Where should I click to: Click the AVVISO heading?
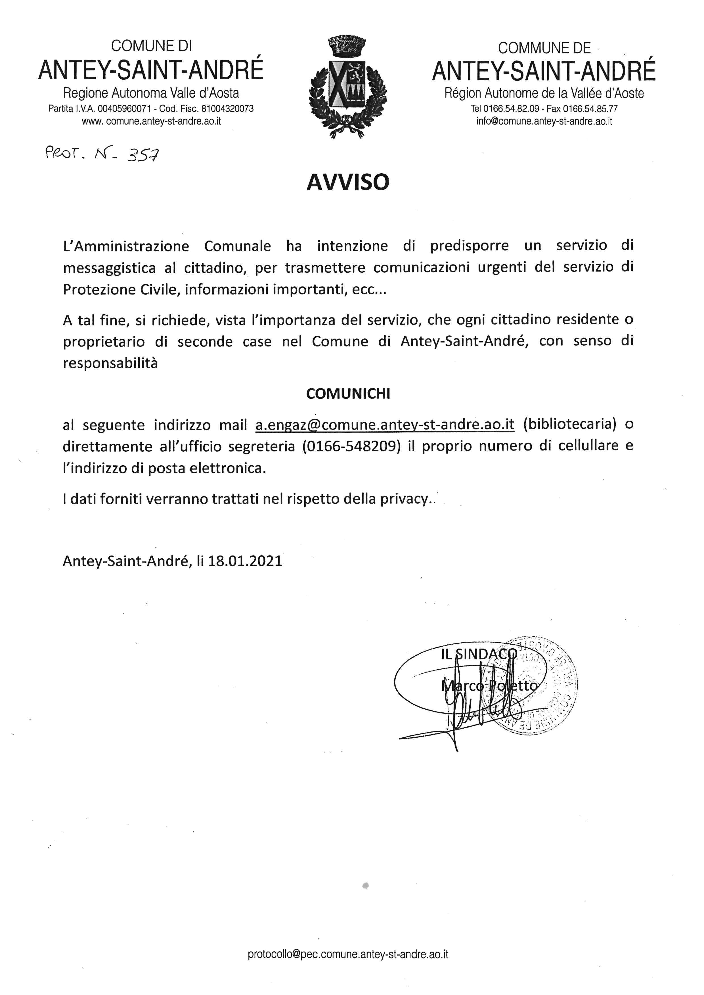point(348,182)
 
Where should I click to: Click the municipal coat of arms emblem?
point(347,87)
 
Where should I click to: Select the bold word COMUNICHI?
point(348,394)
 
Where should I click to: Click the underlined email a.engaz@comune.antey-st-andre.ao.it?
point(385,425)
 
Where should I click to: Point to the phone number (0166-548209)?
point(351,446)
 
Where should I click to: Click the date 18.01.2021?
point(245,561)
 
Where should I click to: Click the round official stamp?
point(538,687)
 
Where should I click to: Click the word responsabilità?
point(110,363)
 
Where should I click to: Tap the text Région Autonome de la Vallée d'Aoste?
point(544,93)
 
